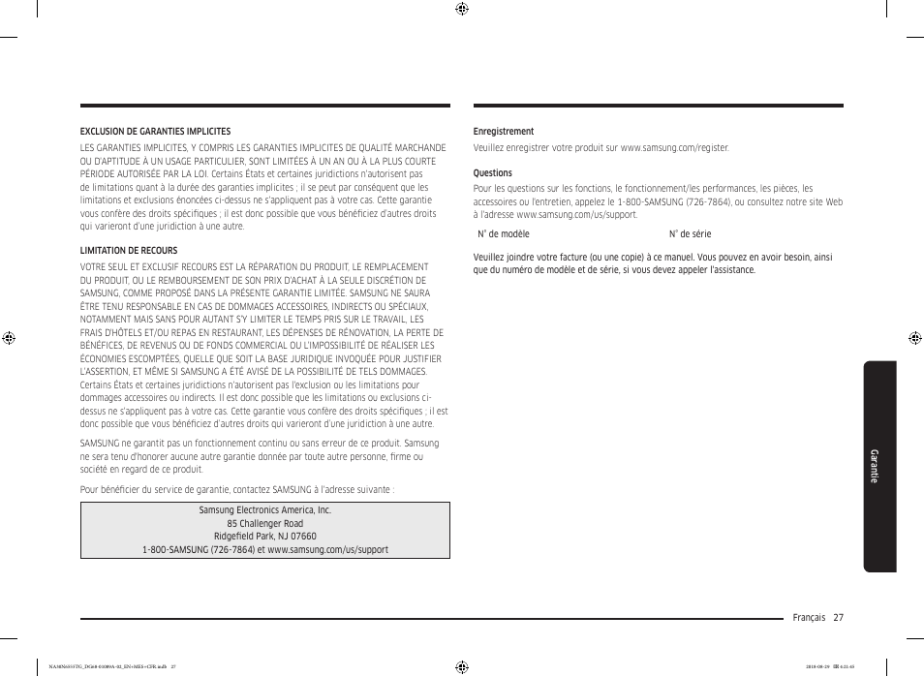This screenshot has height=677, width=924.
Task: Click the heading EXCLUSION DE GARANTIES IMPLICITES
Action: [155, 132]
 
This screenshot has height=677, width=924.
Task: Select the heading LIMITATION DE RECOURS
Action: [129, 250]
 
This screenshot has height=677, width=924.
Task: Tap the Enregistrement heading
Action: [503, 132]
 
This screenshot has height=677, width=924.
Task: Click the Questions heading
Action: [492, 173]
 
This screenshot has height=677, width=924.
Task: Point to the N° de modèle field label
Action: [504, 234]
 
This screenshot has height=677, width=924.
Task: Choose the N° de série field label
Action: [690, 234]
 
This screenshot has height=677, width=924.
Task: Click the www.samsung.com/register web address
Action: [674, 148]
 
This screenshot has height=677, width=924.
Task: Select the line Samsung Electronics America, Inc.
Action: [264, 510]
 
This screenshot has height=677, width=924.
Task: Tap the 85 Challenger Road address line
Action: [264, 524]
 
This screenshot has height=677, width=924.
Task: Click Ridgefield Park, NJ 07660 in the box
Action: [264, 537]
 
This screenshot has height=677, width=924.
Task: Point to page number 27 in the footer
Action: [838, 618]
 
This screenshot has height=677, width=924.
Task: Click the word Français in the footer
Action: [808, 618]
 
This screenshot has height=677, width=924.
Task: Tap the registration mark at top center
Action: [462, 10]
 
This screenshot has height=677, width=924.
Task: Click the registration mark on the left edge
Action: [9, 338]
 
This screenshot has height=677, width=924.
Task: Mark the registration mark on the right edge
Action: [914, 338]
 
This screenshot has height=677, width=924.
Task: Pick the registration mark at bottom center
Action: [462, 666]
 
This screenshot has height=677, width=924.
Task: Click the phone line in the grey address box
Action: [264, 550]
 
